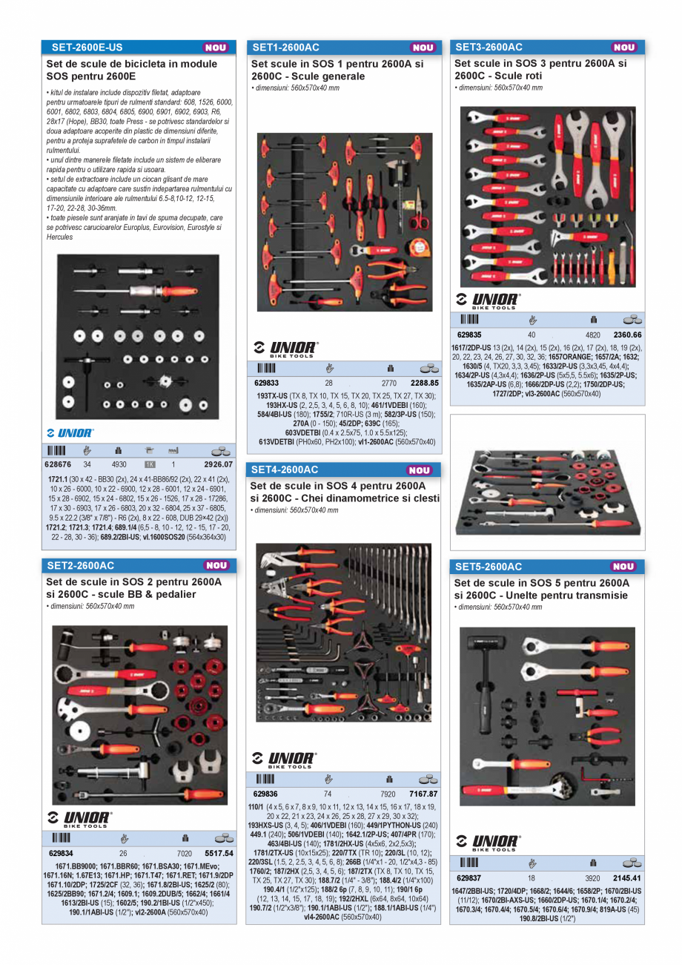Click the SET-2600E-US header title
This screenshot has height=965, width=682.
coord(87,47)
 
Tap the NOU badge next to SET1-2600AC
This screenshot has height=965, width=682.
coord(423,47)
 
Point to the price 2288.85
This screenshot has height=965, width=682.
coord(424,383)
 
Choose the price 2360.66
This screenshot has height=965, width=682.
coord(627,335)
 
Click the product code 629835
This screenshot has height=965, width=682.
coord(470,335)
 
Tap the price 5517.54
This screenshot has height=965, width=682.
coord(219,853)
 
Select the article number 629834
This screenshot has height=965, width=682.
coord(61,853)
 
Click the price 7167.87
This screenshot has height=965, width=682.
coord(423,794)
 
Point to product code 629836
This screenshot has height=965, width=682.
coord(265,794)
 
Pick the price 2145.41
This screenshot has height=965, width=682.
coord(627,877)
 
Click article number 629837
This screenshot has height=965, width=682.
coord(470,877)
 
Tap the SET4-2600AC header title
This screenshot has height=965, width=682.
coord(285,470)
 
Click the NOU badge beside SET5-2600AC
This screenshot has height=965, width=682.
coord(623,567)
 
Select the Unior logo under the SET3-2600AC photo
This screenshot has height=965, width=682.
coord(488,301)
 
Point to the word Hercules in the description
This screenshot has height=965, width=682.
coord(60,237)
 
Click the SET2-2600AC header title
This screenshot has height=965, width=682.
coord(80,566)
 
